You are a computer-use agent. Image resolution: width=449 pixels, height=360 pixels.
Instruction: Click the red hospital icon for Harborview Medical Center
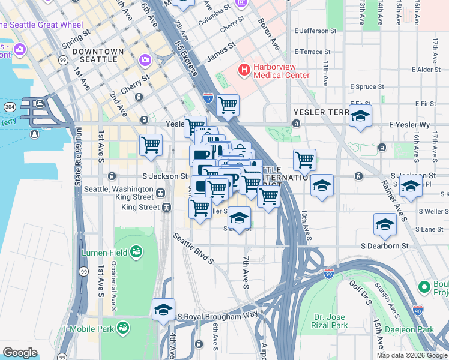pos(244,70)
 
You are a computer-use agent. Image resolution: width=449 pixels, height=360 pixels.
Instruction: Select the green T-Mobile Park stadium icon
pos(124,328)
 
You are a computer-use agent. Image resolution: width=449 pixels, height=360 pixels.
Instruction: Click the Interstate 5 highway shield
pos(208,96)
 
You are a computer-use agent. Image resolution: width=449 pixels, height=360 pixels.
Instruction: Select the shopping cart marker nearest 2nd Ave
pos(151,145)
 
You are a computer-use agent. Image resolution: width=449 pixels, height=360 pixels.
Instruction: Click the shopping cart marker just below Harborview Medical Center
pos(228,105)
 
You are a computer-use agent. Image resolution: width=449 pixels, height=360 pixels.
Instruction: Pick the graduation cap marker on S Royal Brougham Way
pos(163,309)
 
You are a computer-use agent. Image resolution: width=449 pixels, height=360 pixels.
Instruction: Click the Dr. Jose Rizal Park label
pos(331,321)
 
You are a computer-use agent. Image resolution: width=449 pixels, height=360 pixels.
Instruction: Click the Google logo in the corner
pos(20,353)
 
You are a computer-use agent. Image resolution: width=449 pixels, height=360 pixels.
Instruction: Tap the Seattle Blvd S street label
pos(193,248)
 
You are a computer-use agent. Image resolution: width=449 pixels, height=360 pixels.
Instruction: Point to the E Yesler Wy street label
pos(409,125)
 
